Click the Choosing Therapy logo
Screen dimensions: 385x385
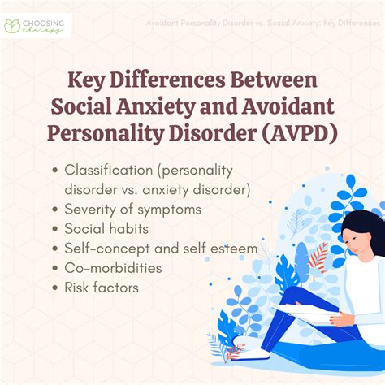tap(37, 24)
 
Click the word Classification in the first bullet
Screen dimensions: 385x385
tap(110, 172)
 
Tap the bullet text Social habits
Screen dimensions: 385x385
tap(107, 229)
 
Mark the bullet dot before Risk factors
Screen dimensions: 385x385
tap(54, 287)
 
